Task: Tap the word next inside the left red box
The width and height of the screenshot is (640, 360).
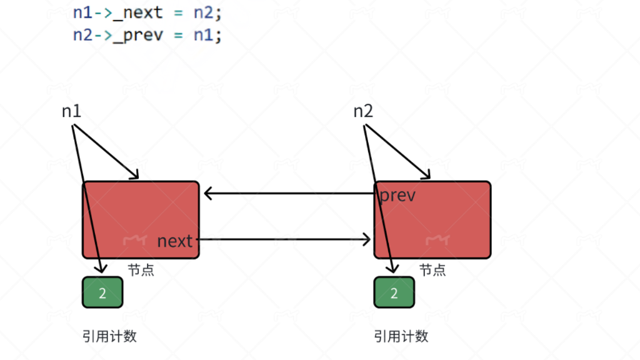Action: pyautogui.click(x=175, y=241)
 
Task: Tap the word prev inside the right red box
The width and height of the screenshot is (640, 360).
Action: pyautogui.click(x=397, y=195)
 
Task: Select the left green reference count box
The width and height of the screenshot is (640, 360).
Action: pyautogui.click(x=102, y=292)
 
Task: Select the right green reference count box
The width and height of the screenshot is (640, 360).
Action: pyautogui.click(x=394, y=292)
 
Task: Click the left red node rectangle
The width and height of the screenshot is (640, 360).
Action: pyautogui.click(x=141, y=212)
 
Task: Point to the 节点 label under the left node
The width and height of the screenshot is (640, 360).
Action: pyautogui.click(x=141, y=270)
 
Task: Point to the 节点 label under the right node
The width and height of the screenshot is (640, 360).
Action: pyautogui.click(x=432, y=270)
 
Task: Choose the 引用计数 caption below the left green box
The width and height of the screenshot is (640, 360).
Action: pyautogui.click(x=109, y=336)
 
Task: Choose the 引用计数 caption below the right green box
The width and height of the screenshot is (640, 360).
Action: pyautogui.click(x=401, y=336)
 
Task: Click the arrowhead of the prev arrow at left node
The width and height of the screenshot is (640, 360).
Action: pyautogui.click(x=208, y=194)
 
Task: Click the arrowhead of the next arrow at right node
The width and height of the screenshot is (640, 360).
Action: pyautogui.click(x=367, y=239)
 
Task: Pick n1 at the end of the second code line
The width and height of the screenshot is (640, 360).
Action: pyautogui.click(x=201, y=34)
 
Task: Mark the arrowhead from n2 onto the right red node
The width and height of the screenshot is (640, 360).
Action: pyautogui.click(x=426, y=176)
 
